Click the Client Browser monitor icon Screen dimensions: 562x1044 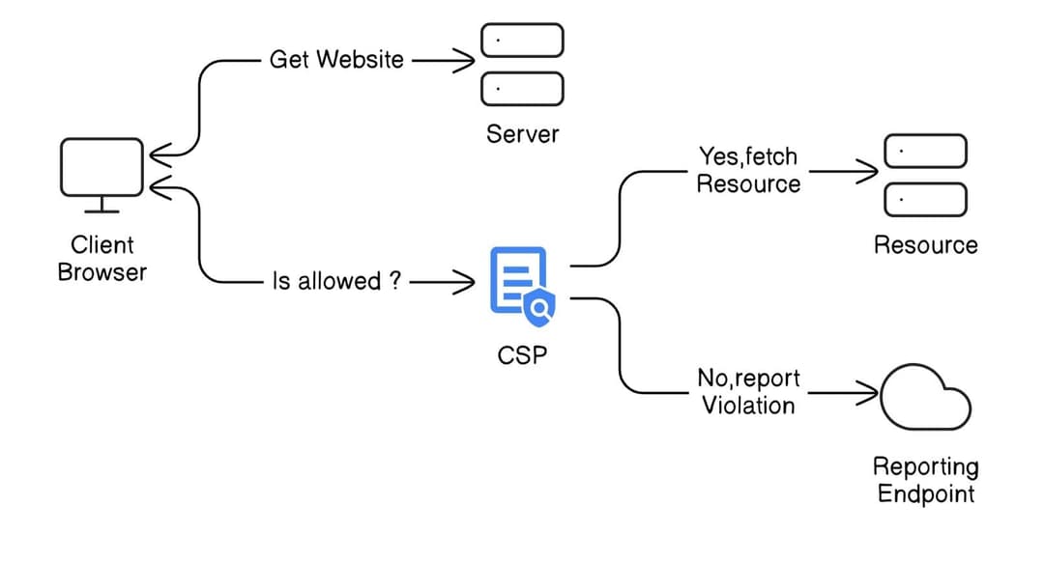(101, 170)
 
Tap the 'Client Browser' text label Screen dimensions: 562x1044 (101, 258)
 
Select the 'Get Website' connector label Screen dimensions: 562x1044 (335, 59)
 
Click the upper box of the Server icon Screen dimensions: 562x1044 (522, 41)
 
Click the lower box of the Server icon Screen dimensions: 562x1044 (522, 89)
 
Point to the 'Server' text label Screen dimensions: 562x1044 (522, 133)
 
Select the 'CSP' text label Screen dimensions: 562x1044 (522, 355)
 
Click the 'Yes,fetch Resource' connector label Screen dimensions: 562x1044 (748, 170)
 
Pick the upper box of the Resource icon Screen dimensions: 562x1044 (925, 152)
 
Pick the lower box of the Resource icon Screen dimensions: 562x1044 (925, 199)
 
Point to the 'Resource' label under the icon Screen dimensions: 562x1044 (925, 245)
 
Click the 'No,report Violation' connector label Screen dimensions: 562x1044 (748, 391)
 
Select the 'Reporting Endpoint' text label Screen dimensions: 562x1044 (925, 480)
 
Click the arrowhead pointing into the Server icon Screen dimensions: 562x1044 (465, 60)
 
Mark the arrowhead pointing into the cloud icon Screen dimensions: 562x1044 (868, 393)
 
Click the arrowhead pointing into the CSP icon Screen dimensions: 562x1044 (465, 281)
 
